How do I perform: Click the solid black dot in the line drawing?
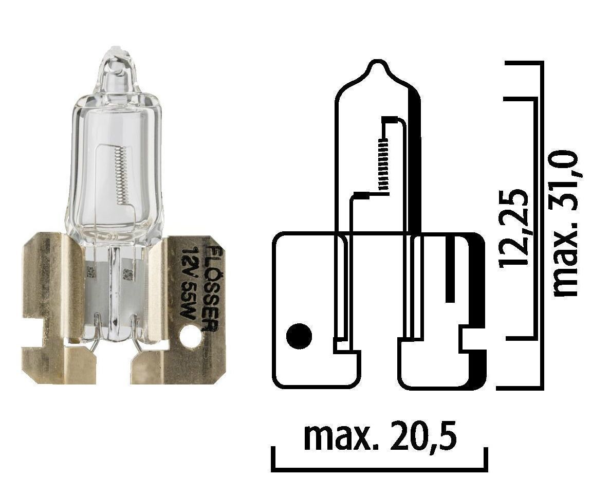click(299, 337)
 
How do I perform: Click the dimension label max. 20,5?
click(380, 436)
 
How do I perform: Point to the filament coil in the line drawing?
click(382, 165)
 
